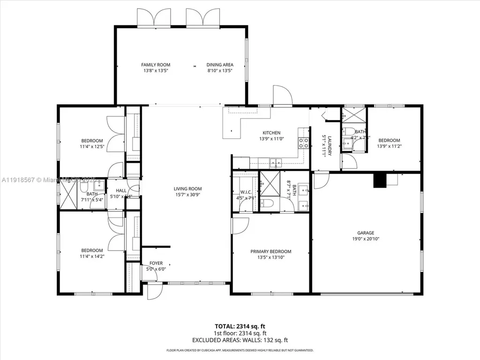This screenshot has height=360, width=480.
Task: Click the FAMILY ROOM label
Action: point(156,65)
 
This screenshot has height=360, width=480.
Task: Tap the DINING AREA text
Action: point(220,65)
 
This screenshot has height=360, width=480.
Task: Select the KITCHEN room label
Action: point(271,133)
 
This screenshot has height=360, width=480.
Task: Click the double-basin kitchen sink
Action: point(276,163)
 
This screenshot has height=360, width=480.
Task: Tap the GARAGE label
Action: point(366,232)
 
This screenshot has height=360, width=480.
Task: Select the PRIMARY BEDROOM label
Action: point(270,251)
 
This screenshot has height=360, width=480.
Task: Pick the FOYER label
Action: point(156,263)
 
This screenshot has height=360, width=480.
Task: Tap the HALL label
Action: point(121,191)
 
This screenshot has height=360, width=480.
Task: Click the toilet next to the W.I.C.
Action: point(266,203)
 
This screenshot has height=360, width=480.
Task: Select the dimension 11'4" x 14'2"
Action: point(92,256)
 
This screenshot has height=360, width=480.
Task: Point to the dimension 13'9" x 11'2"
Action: point(389,146)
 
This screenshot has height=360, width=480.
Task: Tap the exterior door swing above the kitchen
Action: point(283,95)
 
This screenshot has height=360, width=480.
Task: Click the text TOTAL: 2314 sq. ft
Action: point(240,326)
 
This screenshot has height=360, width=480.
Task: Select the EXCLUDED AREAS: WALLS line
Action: point(240,340)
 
